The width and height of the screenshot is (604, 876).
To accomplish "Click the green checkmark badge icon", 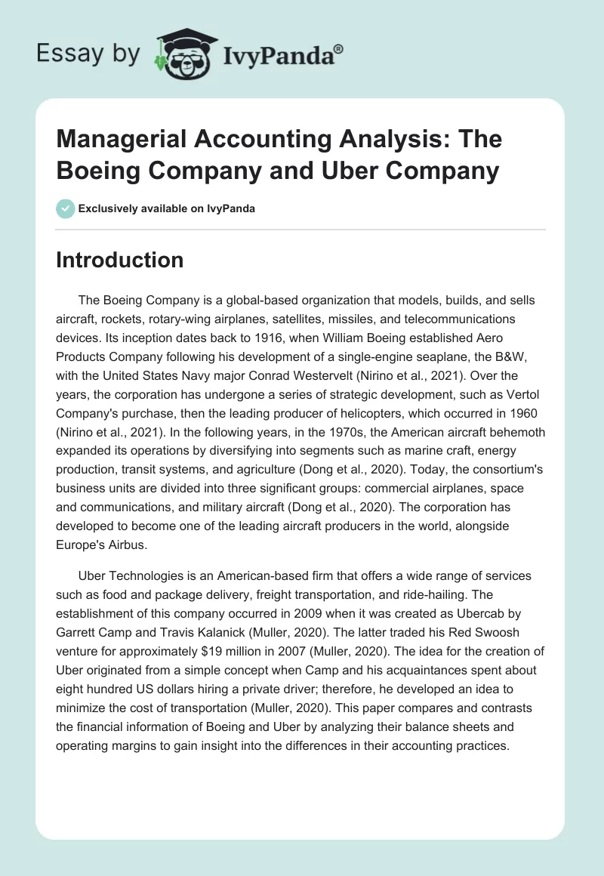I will [65, 208].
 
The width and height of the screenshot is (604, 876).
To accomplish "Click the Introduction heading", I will [120, 260].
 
